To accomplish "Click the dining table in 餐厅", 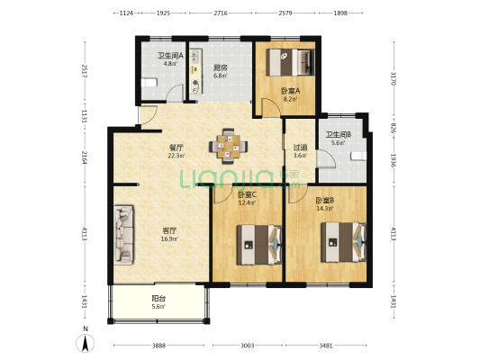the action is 229,146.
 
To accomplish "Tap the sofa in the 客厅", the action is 123,235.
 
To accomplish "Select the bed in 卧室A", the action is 290,62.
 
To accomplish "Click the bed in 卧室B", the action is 343,242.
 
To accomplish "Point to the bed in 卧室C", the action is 259,245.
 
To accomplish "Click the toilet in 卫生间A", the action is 149,83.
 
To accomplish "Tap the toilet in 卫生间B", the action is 358,156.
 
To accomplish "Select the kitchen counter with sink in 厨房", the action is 196,71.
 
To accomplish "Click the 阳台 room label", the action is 158,298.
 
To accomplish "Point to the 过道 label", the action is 300,148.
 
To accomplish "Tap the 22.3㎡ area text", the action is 176,156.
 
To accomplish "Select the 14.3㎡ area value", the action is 325,209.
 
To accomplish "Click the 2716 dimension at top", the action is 221,13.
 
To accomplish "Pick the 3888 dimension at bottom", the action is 158,346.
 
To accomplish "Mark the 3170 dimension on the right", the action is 394,79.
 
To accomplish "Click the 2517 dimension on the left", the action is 85,71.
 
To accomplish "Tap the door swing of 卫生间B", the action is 326,159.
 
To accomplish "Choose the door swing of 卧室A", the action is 270,107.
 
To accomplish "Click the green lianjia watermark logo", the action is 240,178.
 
